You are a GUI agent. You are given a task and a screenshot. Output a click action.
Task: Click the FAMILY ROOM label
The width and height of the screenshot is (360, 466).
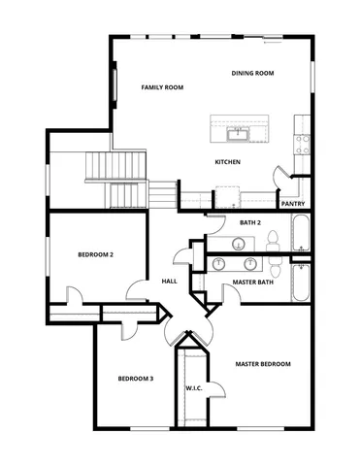click(x=162, y=87)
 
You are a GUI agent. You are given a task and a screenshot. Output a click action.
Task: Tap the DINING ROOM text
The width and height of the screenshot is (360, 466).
click(x=252, y=74)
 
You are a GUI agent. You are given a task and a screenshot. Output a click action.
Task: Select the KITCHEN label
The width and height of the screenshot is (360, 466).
click(x=227, y=162)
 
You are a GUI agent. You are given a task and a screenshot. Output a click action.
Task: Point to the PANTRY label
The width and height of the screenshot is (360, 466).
click(x=293, y=204)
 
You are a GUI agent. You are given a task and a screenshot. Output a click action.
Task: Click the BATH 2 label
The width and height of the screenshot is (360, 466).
click(x=250, y=223)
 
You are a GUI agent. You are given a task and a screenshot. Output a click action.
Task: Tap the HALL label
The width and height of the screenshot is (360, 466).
click(x=169, y=282)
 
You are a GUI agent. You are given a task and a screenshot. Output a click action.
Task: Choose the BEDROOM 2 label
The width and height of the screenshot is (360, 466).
click(x=96, y=255)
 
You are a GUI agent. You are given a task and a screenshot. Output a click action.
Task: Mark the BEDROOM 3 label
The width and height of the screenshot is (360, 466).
click(x=136, y=379)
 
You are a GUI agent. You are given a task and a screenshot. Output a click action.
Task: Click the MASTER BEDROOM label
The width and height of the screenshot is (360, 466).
click(x=263, y=364)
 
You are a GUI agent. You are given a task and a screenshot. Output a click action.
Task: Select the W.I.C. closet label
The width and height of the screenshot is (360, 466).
click(x=193, y=388)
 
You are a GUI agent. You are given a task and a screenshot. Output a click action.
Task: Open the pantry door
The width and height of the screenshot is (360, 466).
click(x=281, y=181)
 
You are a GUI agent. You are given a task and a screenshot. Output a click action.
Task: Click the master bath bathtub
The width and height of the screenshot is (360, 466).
click(x=300, y=284)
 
